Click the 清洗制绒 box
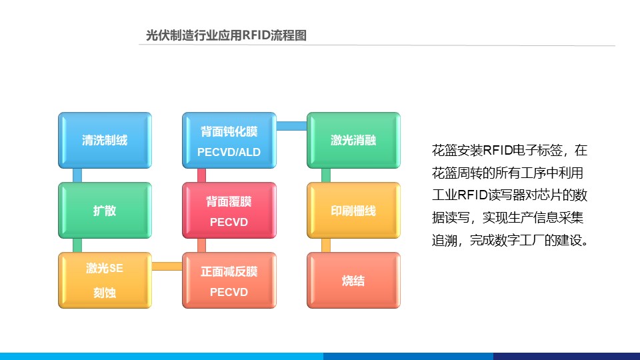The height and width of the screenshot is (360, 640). tap(105, 140)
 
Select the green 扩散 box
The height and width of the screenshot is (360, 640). tap(105, 211)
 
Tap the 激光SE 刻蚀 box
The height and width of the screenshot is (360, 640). tap(105, 280)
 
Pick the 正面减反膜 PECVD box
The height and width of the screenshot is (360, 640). tap(229, 280)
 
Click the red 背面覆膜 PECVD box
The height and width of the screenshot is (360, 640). tap(229, 211)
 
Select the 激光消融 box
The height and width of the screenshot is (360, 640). tap(353, 140)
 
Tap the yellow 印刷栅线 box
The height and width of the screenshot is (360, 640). tap(353, 211)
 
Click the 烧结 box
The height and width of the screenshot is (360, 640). tap(353, 280)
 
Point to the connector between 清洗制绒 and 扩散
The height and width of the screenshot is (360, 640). tap(77, 175)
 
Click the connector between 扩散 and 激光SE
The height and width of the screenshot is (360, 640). tap(77, 245)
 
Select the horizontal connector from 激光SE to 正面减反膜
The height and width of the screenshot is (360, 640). tap(167, 267)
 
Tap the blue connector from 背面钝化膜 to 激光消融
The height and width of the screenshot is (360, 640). tap(291, 126)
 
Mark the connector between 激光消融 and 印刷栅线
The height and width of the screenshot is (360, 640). tap(326, 175)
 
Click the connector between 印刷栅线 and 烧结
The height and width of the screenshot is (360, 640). tap(326, 245)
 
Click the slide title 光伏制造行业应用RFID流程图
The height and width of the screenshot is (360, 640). tap(226, 36)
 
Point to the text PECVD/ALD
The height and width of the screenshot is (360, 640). tap(229, 153)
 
